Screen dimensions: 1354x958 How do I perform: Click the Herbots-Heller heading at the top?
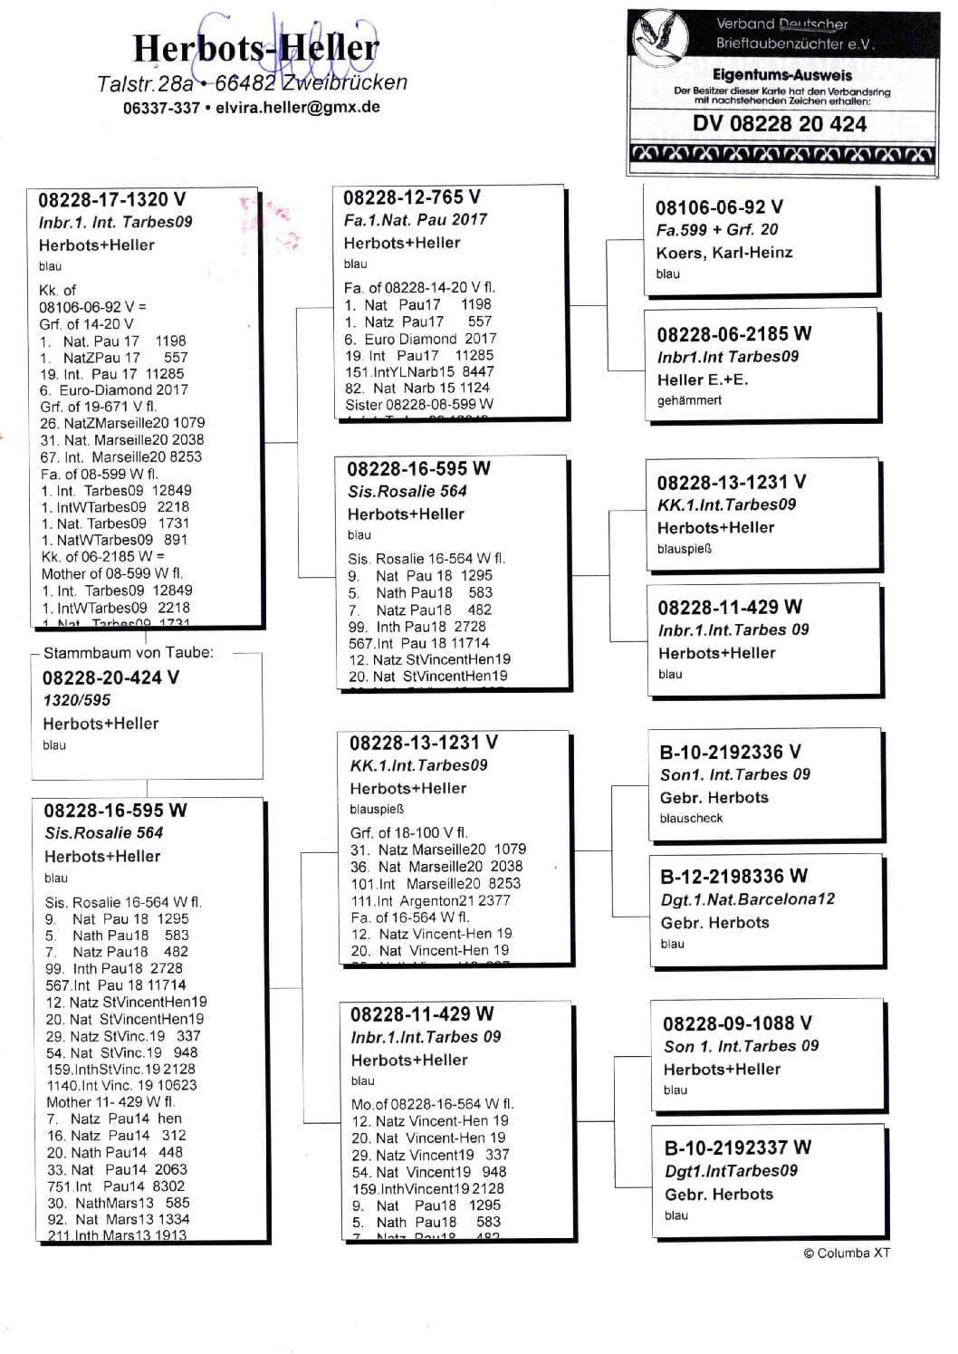pyautogui.click(x=255, y=48)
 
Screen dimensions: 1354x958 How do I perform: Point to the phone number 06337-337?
pyautogui.click(x=161, y=108)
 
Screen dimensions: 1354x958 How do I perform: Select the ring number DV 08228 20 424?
pyautogui.click(x=780, y=124)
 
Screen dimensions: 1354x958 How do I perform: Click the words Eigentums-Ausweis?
pyautogui.click(x=781, y=75)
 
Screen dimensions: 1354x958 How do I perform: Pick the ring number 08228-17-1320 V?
pyautogui.click(x=111, y=199)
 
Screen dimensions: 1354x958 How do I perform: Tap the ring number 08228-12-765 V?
pyautogui.click(x=412, y=197)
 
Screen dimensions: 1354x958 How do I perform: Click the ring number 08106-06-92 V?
pyautogui.click(x=719, y=206)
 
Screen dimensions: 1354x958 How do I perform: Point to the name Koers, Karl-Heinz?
pyautogui.click(x=723, y=253)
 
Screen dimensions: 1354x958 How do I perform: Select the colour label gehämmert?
pyautogui.click(x=689, y=399)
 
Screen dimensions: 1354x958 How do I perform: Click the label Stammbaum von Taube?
pyautogui.click(x=129, y=652)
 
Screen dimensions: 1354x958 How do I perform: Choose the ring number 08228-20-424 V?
pyautogui.click(x=110, y=677)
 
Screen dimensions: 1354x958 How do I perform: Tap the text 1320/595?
pyautogui.click(x=76, y=700)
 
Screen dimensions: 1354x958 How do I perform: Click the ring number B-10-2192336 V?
pyautogui.click(x=730, y=752)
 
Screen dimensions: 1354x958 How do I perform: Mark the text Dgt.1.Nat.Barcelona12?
pyautogui.click(x=747, y=899)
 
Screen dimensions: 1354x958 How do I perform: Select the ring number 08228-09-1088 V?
pyautogui.click(x=737, y=1023)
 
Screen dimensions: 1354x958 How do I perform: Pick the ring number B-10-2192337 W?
pyautogui.click(x=737, y=1148)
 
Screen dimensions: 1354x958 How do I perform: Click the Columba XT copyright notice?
pyautogui.click(x=847, y=1253)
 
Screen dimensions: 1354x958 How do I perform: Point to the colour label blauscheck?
pyautogui.click(x=691, y=818)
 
